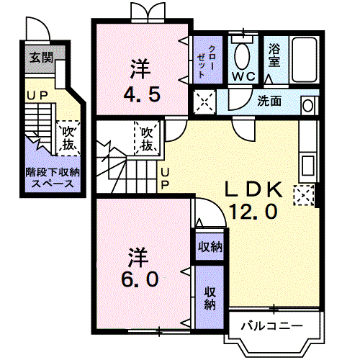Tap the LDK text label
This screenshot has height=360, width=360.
(255, 191)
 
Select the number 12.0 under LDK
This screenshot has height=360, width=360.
(253, 212)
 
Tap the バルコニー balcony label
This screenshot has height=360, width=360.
(270, 326)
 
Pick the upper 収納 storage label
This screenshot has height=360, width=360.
(210, 247)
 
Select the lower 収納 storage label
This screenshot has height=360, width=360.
(210, 297)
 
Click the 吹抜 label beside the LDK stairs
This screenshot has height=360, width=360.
(147, 139)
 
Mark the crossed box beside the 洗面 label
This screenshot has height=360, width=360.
(205, 102)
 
